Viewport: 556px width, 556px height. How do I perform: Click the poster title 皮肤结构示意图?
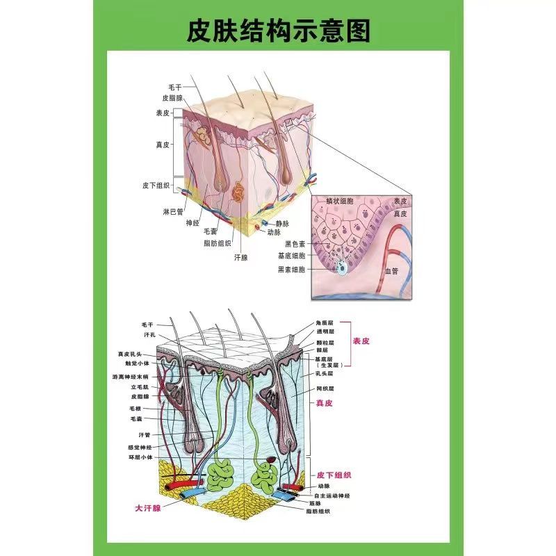point(278,31)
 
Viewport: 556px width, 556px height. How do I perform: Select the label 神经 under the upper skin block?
point(193,222)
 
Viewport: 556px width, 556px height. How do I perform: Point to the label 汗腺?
point(241,256)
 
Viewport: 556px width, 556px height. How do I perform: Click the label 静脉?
point(282,224)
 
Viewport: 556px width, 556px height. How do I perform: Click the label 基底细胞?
point(291,256)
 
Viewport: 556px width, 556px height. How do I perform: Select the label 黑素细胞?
point(291,269)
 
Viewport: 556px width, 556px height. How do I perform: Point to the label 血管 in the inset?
point(393,272)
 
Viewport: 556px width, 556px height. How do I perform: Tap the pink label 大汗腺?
point(147,508)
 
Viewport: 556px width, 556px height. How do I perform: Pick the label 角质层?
point(325,323)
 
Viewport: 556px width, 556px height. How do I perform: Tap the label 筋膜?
point(314,502)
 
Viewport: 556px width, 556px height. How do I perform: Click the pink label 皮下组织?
point(334,475)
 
